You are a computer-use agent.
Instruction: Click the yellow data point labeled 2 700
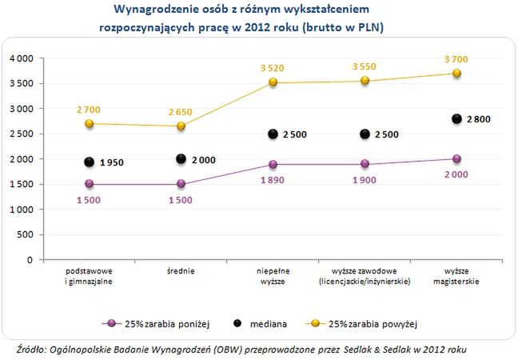(x=89, y=124)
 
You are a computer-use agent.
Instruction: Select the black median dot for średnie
(x=181, y=159)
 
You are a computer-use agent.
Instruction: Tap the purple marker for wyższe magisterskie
(x=456, y=158)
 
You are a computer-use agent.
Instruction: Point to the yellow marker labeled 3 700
(x=456, y=73)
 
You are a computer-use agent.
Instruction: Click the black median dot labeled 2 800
(x=456, y=118)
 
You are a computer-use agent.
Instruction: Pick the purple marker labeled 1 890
(x=273, y=164)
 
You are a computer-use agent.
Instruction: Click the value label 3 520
(x=273, y=69)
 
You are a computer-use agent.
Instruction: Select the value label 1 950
(x=112, y=162)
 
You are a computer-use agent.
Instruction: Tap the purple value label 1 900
(x=365, y=178)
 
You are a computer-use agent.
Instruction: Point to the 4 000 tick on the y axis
(x=21, y=58)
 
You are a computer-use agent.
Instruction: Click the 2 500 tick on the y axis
(x=21, y=134)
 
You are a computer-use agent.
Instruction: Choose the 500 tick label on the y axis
(x=26, y=234)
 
